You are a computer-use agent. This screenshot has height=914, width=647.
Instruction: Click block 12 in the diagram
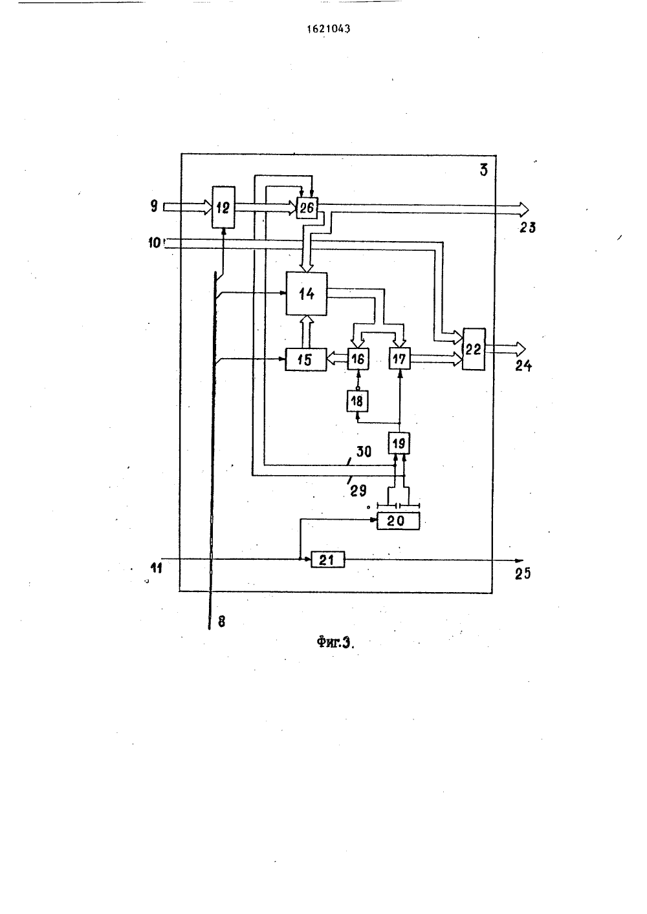point(223,207)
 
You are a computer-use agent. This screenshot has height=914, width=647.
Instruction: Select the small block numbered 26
point(307,208)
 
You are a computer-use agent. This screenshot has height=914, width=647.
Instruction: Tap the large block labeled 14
point(306,293)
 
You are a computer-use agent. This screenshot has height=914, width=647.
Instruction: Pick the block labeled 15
point(305,359)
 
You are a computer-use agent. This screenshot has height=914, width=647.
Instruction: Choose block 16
point(358,359)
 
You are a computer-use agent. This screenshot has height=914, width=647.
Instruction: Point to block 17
point(399,359)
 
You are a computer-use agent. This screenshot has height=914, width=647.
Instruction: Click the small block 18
point(357,401)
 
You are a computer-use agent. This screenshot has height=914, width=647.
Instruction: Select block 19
point(399,443)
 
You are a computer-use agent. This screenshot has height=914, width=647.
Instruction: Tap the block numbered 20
point(398,521)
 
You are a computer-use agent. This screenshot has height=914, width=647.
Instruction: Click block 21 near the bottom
point(327,559)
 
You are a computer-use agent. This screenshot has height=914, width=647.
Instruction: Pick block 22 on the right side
point(474,349)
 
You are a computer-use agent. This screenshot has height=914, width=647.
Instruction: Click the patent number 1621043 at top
point(329,28)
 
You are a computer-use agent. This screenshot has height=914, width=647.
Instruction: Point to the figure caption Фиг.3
point(335,643)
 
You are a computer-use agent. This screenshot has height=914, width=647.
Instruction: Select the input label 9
point(154,206)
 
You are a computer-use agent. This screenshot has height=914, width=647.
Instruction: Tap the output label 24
point(523,365)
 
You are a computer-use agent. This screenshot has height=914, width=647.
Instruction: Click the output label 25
point(522,574)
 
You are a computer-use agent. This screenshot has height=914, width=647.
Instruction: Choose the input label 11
point(157,568)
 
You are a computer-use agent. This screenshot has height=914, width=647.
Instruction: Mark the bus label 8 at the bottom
point(221,621)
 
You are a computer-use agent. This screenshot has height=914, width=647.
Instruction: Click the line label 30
point(364,452)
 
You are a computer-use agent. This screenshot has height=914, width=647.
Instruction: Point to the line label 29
point(358,491)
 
